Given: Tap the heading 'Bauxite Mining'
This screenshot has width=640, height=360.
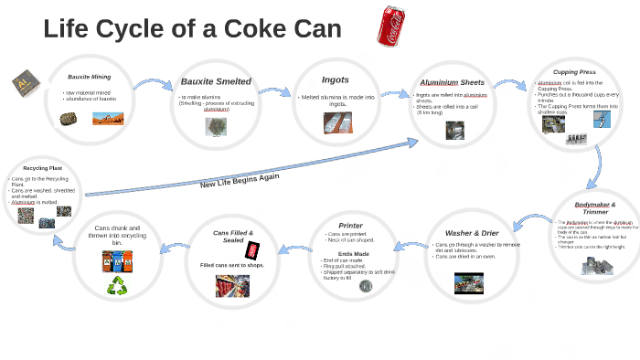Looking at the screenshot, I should [x=89, y=77].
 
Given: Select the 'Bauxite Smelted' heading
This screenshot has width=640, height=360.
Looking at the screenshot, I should [x=216, y=81].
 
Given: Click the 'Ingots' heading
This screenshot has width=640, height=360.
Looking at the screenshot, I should [x=335, y=79].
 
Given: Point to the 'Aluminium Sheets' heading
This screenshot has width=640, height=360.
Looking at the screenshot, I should [x=453, y=81].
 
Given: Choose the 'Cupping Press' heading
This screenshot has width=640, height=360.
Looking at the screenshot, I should [x=574, y=72].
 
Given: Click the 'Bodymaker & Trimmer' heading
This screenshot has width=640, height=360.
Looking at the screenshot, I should [x=595, y=208].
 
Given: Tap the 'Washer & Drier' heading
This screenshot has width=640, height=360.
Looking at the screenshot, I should [x=471, y=233].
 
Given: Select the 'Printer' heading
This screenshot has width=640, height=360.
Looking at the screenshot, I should [x=350, y=225].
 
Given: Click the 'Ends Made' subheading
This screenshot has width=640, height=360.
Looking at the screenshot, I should [x=353, y=253].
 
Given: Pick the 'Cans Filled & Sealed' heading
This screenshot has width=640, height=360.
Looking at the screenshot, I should [x=233, y=237].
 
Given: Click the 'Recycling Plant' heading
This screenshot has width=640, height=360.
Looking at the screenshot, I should [x=42, y=168].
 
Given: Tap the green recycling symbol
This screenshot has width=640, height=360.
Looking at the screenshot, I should [x=117, y=286].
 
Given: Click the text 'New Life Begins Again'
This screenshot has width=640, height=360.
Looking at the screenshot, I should [x=240, y=181].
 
